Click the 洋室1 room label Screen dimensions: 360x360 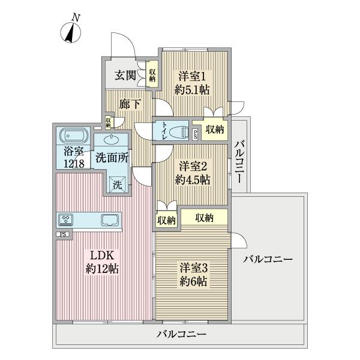[192, 83]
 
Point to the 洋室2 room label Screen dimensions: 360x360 [192, 172]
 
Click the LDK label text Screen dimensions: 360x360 [101, 262]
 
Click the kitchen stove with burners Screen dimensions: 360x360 [66, 218]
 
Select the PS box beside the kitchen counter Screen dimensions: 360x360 [62, 233]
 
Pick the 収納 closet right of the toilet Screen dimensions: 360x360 [214, 130]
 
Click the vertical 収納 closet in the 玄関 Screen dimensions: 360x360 [152, 74]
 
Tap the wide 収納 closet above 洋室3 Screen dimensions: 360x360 [204, 217]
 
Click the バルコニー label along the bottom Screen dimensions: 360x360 [182, 334]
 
